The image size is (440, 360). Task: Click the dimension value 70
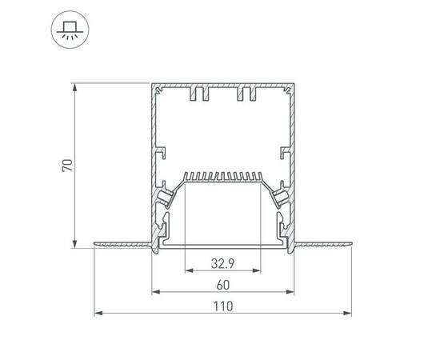pos(68,166)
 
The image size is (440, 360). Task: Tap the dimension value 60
pos(222,284)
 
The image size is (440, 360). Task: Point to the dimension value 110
pos(222,305)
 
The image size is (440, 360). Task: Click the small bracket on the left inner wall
pos(162,150)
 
